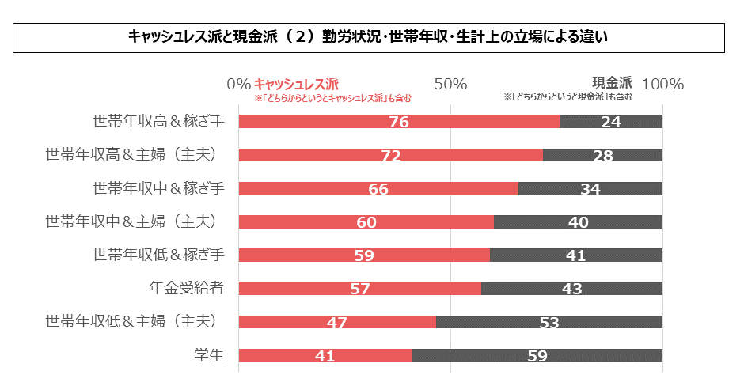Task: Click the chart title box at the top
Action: (x=370, y=37)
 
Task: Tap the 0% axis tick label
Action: (x=238, y=84)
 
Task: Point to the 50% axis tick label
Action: (x=450, y=84)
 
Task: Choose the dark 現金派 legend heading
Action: (x=612, y=82)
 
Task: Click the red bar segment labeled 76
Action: (x=399, y=122)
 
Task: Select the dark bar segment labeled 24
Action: (x=611, y=122)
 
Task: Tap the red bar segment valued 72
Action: (x=390, y=155)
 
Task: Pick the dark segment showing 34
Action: (x=590, y=188)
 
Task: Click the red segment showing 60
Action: (x=366, y=222)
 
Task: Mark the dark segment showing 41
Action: (x=575, y=255)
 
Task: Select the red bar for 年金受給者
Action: (x=359, y=289)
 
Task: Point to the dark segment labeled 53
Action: (x=549, y=322)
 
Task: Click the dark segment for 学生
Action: (x=537, y=356)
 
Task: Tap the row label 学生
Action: (x=209, y=356)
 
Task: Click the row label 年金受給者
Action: (x=187, y=289)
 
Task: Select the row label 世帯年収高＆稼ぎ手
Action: (x=159, y=122)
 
